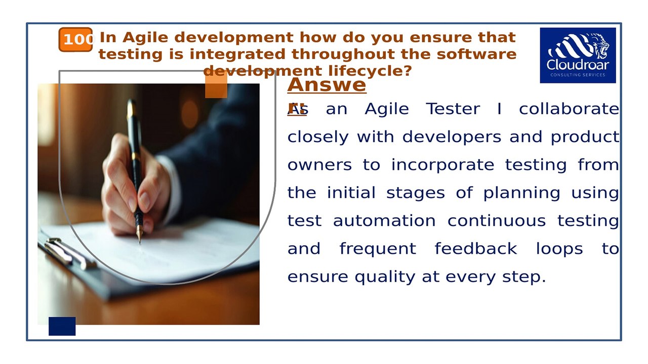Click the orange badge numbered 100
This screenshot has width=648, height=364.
coord(76,39)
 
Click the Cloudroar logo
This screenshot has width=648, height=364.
coord(578,55)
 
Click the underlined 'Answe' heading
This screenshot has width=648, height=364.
coord(327,84)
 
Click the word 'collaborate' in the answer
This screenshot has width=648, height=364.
coord(569,109)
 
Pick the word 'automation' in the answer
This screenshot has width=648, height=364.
coord(384,221)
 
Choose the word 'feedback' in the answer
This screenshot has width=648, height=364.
coord(475,249)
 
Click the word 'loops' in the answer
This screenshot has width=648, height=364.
coord(559,249)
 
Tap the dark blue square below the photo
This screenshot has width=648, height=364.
coord(62,326)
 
